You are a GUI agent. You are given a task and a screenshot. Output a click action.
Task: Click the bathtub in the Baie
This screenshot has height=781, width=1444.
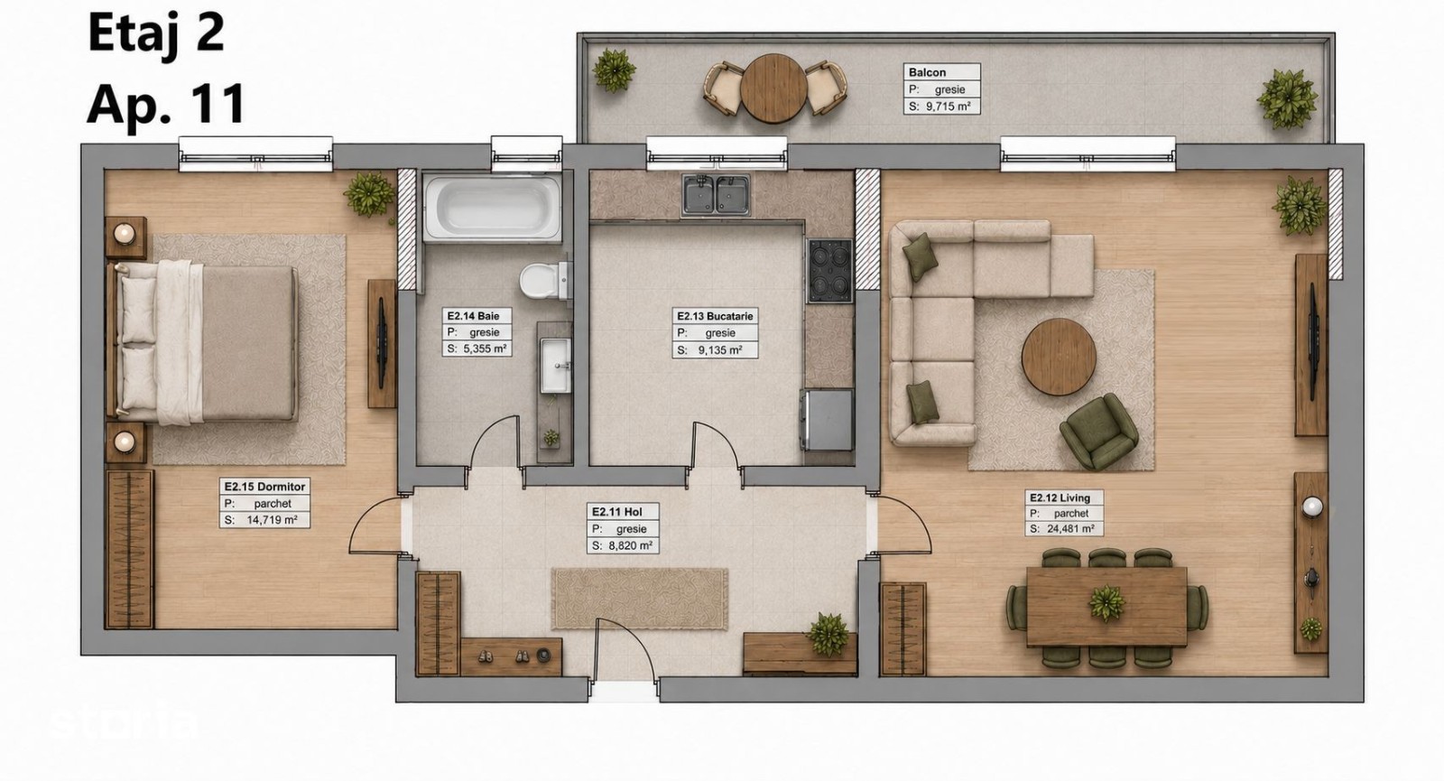pos(493,208)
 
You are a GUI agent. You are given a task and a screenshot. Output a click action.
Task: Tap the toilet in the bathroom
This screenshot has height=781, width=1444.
pos(545,281)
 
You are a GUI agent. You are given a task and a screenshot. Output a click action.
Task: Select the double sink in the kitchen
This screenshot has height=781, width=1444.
pos(716,194)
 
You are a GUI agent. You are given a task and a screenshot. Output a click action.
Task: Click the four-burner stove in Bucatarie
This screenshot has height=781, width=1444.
pos(830,270)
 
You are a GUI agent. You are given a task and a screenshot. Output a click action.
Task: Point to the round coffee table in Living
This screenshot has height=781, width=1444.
pos(1059,356)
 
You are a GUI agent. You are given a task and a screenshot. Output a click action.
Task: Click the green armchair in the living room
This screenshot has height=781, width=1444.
pos(1098,431)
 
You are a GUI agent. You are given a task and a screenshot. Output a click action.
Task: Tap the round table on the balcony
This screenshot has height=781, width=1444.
pos(773,88)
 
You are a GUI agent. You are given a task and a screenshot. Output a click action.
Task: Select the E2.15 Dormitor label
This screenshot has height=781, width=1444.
pos(264,487)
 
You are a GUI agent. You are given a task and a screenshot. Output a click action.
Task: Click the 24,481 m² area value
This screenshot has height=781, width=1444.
pos(1070,529)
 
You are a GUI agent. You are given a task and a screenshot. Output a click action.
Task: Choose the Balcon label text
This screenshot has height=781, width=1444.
pos(927,72)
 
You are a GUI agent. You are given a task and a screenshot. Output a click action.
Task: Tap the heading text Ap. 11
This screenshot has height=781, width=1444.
pos(166,103)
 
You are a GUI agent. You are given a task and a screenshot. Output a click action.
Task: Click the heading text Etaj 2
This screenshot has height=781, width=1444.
pos(156,33)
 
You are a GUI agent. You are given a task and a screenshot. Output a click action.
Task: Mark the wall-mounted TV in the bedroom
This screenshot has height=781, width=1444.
pos(382,343)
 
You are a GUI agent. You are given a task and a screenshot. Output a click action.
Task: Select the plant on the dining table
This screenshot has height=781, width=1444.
pos(1106,603)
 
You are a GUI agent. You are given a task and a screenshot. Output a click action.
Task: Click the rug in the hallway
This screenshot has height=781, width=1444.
pos(640,599)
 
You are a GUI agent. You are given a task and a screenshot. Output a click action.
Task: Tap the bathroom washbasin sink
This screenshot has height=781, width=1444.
pos(555,365)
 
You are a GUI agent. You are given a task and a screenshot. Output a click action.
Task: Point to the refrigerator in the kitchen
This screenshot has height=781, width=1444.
pos(828,419)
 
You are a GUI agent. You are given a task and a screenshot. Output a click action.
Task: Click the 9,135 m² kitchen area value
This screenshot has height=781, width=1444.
pos(720,350)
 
